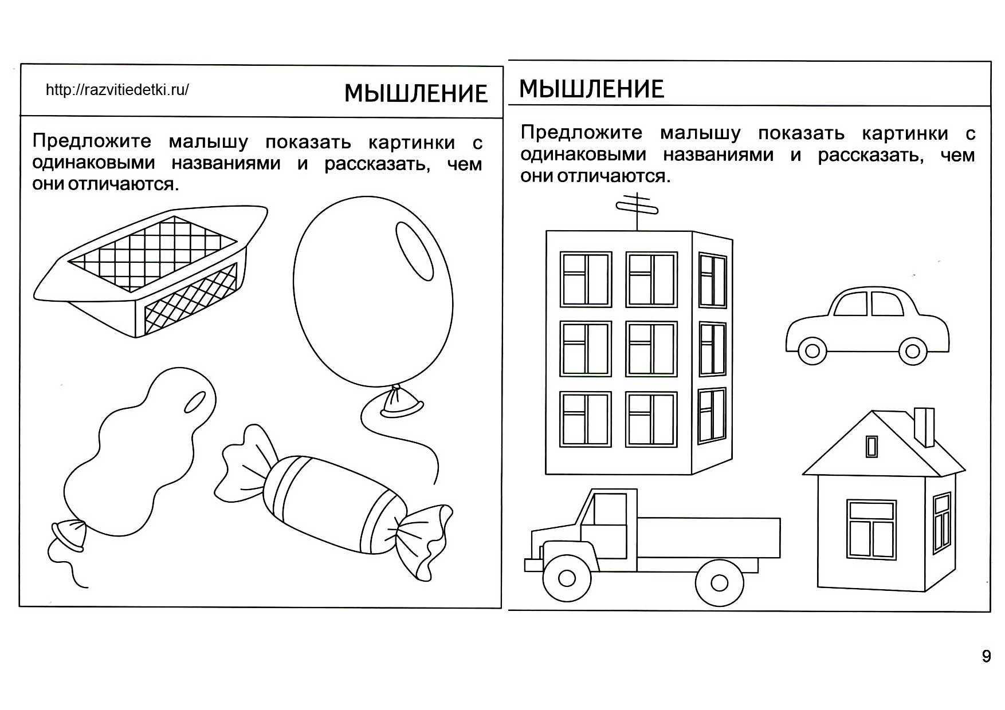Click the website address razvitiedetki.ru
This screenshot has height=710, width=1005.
117,90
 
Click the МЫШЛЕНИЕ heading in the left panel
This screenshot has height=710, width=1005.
416,93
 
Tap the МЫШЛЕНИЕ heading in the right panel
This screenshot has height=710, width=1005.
591,89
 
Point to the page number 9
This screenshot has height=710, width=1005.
986,656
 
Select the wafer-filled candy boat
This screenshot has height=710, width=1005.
150,270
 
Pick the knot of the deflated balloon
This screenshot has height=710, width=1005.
69,534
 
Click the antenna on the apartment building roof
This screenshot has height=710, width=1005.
637,209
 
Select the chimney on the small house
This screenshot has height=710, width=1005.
924,426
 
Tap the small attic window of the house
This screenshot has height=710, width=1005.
871,447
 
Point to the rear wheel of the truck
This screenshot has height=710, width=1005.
719,583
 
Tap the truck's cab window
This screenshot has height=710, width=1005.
610,510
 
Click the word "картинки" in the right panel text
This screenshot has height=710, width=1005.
905,134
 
